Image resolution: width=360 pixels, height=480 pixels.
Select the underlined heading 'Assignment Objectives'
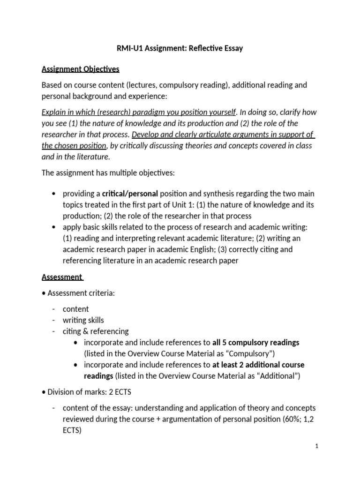pos(80,69)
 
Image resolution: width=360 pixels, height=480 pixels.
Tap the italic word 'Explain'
pos(54,112)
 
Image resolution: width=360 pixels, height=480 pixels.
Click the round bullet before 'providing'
pos(55,194)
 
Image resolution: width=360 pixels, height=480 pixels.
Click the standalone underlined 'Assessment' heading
pos(61,277)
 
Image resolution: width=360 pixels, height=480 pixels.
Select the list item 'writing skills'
pos(83,320)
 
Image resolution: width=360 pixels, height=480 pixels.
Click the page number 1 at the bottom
pos(317,446)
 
